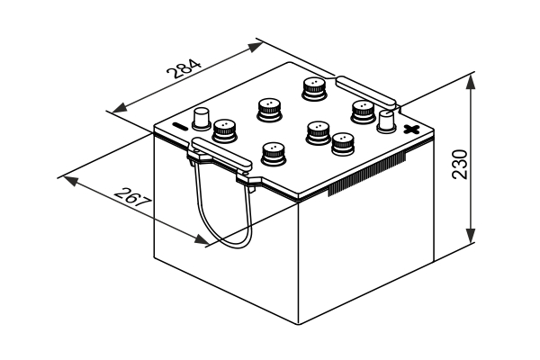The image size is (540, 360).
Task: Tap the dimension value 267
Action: point(132,202)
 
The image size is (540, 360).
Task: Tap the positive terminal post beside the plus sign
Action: point(386,121)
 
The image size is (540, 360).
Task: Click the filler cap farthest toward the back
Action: point(312,88)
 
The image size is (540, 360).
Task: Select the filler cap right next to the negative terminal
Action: point(224,130)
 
